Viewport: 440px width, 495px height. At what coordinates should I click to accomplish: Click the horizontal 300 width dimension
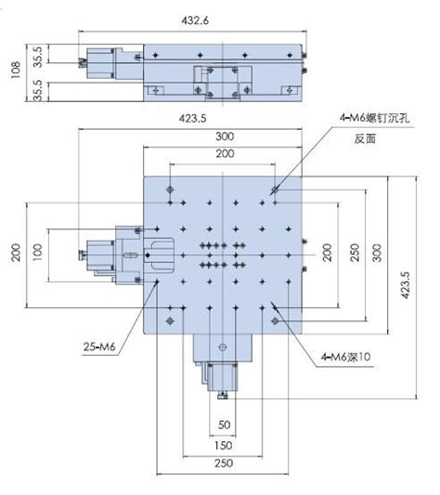click(x=224, y=136)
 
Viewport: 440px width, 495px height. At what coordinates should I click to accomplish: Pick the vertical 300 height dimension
click(x=376, y=253)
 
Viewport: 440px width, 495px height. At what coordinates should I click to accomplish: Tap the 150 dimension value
click(x=223, y=445)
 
